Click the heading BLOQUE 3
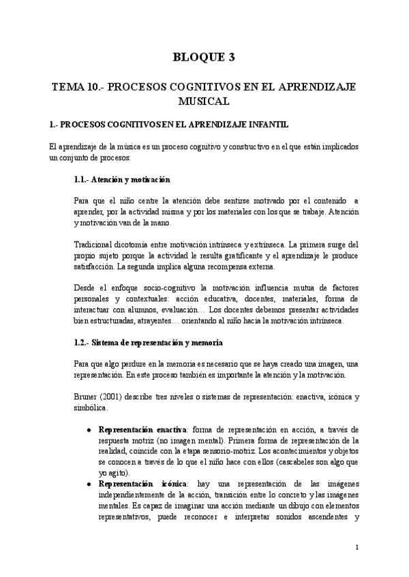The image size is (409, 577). click(204, 57)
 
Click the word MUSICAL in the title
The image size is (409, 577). click(204, 101)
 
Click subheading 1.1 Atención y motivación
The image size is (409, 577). click(121, 180)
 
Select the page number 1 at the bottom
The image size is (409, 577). click(357, 547)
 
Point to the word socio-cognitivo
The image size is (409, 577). click(166, 288)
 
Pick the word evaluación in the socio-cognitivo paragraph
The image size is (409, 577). click(199, 310)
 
